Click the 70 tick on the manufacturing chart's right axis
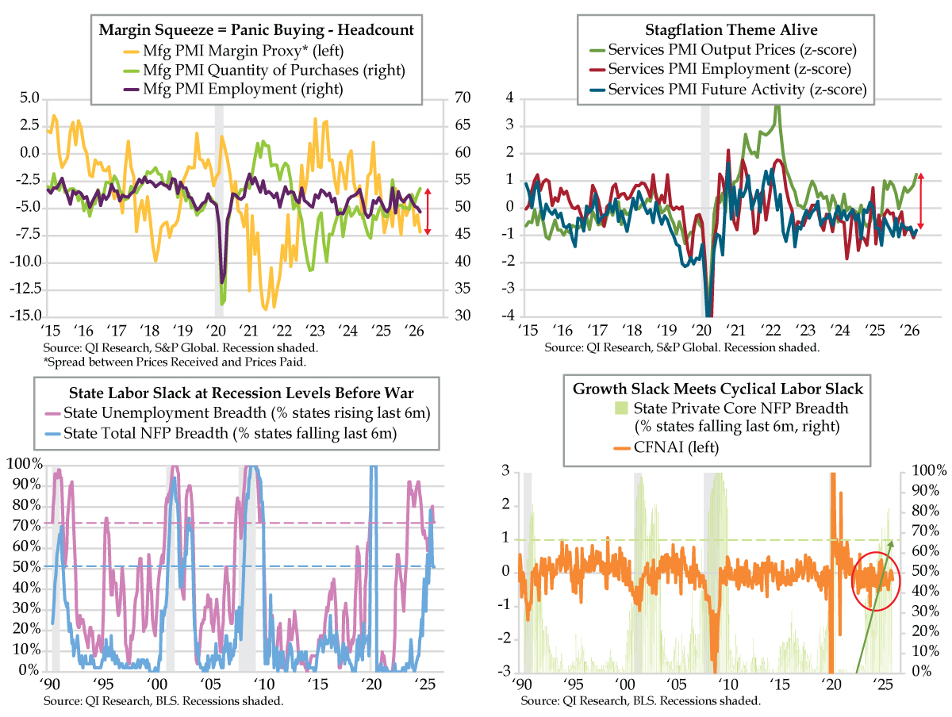(461, 98)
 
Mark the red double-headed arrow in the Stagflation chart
(922, 201)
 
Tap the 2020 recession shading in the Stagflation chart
(704, 206)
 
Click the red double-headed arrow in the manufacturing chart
(428, 211)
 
